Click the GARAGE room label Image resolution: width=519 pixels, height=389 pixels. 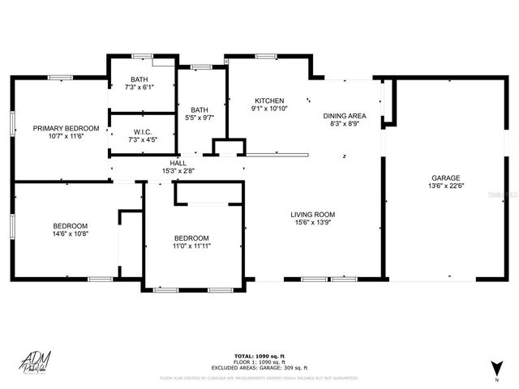[445, 177]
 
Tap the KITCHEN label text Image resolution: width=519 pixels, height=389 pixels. [268, 99]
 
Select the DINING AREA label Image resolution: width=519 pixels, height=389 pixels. [345, 116]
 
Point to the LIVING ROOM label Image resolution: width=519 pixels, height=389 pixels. [313, 215]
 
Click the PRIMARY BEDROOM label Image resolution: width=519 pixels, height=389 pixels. [66, 128]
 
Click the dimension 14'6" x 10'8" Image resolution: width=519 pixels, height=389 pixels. [71, 234]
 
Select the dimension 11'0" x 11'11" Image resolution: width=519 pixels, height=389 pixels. [191, 246]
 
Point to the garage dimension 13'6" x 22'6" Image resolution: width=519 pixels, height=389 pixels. [445, 186]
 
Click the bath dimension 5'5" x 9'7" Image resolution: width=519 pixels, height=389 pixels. [199, 118]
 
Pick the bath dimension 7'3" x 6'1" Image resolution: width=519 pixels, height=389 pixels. [139, 87]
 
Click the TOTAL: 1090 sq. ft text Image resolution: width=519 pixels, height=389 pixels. [259, 356]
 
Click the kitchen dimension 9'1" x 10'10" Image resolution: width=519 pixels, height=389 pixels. [268, 108]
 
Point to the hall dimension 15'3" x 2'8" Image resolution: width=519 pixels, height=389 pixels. [178, 170]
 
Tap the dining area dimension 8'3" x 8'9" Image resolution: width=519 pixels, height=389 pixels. [345, 125]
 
